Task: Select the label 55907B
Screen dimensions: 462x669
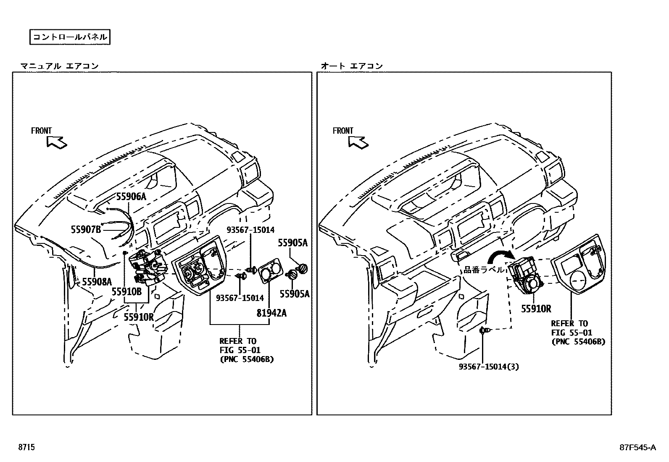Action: coord(86,229)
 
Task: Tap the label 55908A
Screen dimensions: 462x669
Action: coord(97,282)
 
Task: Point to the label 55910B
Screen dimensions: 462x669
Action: coord(126,290)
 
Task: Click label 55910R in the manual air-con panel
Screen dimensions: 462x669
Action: coord(139,317)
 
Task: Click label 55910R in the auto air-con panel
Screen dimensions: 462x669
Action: coord(536,309)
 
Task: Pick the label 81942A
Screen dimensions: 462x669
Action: coord(271,313)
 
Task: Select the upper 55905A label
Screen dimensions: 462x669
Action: coord(292,243)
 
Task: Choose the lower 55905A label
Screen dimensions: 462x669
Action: coord(294,294)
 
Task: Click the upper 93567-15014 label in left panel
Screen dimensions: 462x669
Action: coord(250,230)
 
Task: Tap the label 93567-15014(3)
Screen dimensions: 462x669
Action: coord(489,367)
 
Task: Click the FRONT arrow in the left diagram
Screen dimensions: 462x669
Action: coord(57,143)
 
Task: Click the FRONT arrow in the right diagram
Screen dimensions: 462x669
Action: coord(358,143)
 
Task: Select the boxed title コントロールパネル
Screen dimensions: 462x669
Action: coord(70,37)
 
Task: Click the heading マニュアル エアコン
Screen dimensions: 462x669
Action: coord(60,66)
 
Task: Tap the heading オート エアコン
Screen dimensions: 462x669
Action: coord(352,66)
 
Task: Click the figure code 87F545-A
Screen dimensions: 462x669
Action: coord(637,447)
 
